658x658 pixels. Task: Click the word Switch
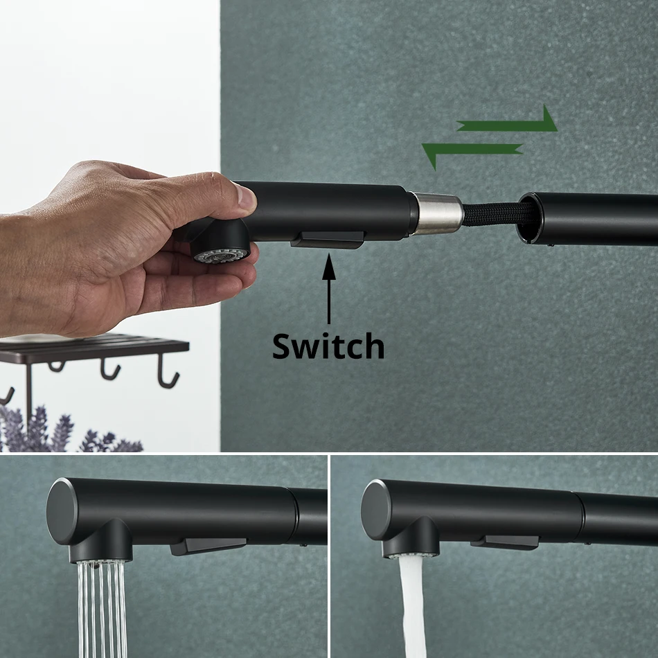(328, 346)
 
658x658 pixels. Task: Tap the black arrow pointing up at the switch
(328, 289)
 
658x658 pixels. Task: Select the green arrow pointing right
(507, 121)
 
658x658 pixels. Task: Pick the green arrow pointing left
(472, 153)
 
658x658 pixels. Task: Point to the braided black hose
(495, 213)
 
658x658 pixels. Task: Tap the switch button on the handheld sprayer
(328, 240)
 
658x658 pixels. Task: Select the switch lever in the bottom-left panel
(208, 546)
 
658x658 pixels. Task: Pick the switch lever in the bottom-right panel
(505, 542)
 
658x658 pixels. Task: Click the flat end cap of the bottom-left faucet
(62, 511)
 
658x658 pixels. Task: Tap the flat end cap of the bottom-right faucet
(375, 510)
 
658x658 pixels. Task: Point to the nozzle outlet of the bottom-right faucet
(411, 555)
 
